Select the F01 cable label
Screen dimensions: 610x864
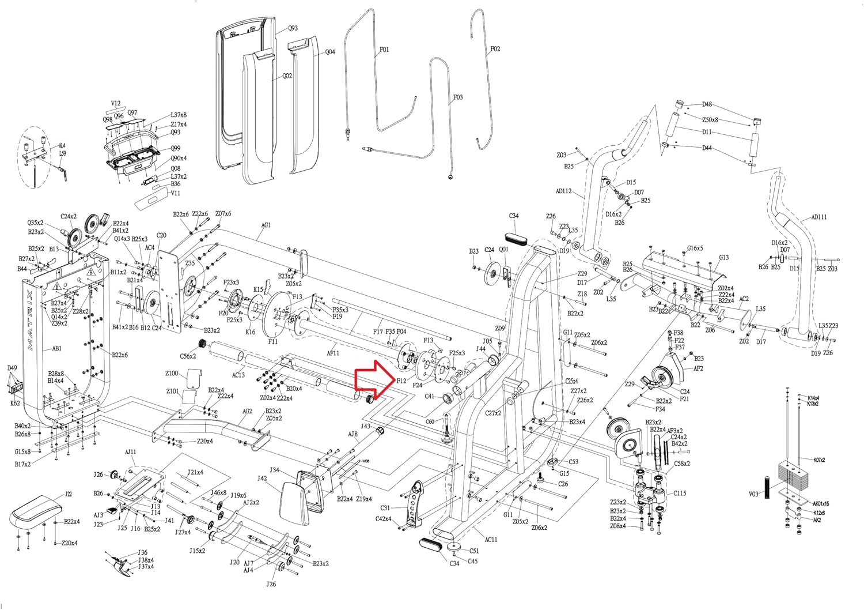point(384,50)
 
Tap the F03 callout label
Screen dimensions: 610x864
point(458,97)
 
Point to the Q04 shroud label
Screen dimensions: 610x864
point(330,52)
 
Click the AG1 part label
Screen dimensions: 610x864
point(266,225)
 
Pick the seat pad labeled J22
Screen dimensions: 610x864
point(35,511)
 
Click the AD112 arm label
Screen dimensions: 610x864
point(563,191)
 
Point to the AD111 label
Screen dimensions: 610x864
point(818,217)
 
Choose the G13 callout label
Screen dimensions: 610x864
point(723,258)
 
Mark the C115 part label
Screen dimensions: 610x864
point(680,493)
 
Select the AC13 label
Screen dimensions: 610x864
point(238,375)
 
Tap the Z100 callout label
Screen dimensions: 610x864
point(172,374)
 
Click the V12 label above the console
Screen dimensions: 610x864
point(116,104)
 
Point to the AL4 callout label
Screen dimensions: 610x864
point(62,146)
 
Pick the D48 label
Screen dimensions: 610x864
point(707,104)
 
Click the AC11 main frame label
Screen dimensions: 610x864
point(491,540)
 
